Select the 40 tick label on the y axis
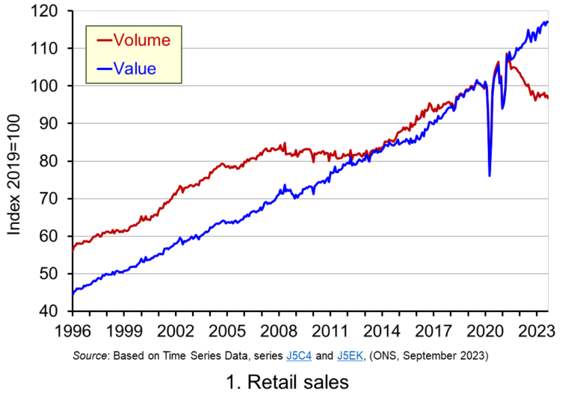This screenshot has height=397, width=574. point(54,311)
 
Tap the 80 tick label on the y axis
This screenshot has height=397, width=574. point(54,161)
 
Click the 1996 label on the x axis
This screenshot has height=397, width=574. point(72,329)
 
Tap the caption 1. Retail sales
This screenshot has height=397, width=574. point(287,381)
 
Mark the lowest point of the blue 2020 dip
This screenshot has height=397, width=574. point(490,175)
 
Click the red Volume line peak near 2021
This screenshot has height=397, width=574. point(498,63)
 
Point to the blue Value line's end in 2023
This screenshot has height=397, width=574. point(548,22)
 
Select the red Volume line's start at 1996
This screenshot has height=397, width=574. point(73,251)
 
